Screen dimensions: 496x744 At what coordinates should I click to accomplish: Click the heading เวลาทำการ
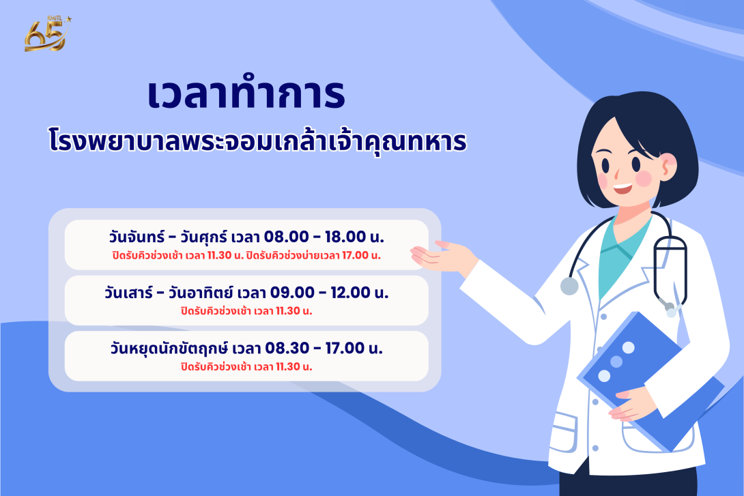pyautogui.click(x=246, y=96)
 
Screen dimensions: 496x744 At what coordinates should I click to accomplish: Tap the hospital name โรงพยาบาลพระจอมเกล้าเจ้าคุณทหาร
pyautogui.click(x=258, y=141)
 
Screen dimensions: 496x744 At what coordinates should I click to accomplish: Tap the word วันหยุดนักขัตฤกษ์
pyautogui.click(x=169, y=349)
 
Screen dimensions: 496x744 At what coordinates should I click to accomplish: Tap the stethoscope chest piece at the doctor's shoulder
pyautogui.click(x=569, y=285)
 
